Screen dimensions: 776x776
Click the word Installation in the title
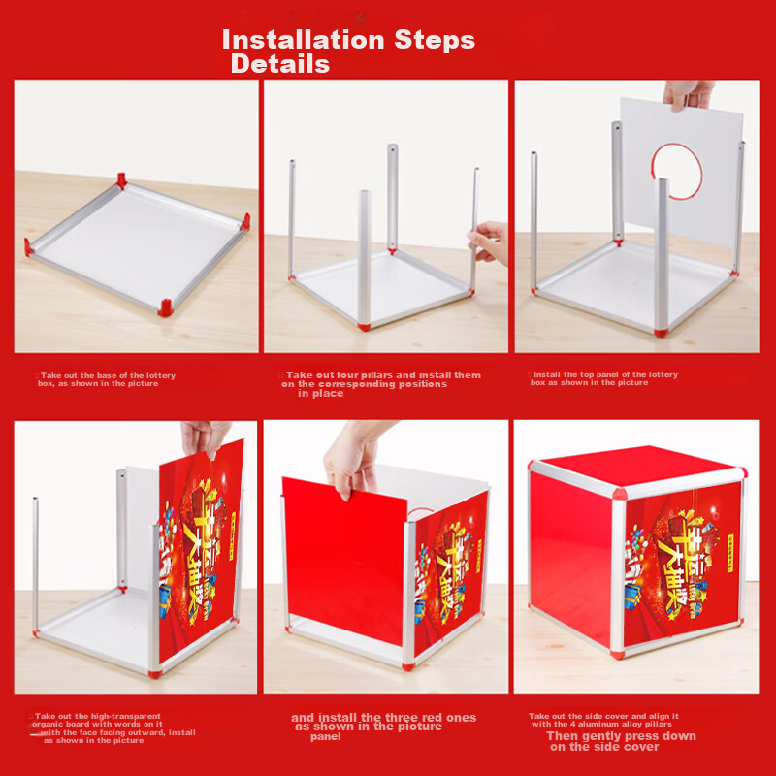click(304, 40)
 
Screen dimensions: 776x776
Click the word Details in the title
click(279, 65)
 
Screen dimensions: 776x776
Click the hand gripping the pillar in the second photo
click(490, 241)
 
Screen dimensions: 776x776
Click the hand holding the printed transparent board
click(207, 438)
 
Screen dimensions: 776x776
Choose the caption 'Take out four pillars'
click(380, 383)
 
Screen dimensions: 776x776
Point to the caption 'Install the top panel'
click(603, 378)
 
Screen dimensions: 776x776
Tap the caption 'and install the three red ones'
click(383, 727)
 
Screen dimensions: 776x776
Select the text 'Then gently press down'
click(621, 741)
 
